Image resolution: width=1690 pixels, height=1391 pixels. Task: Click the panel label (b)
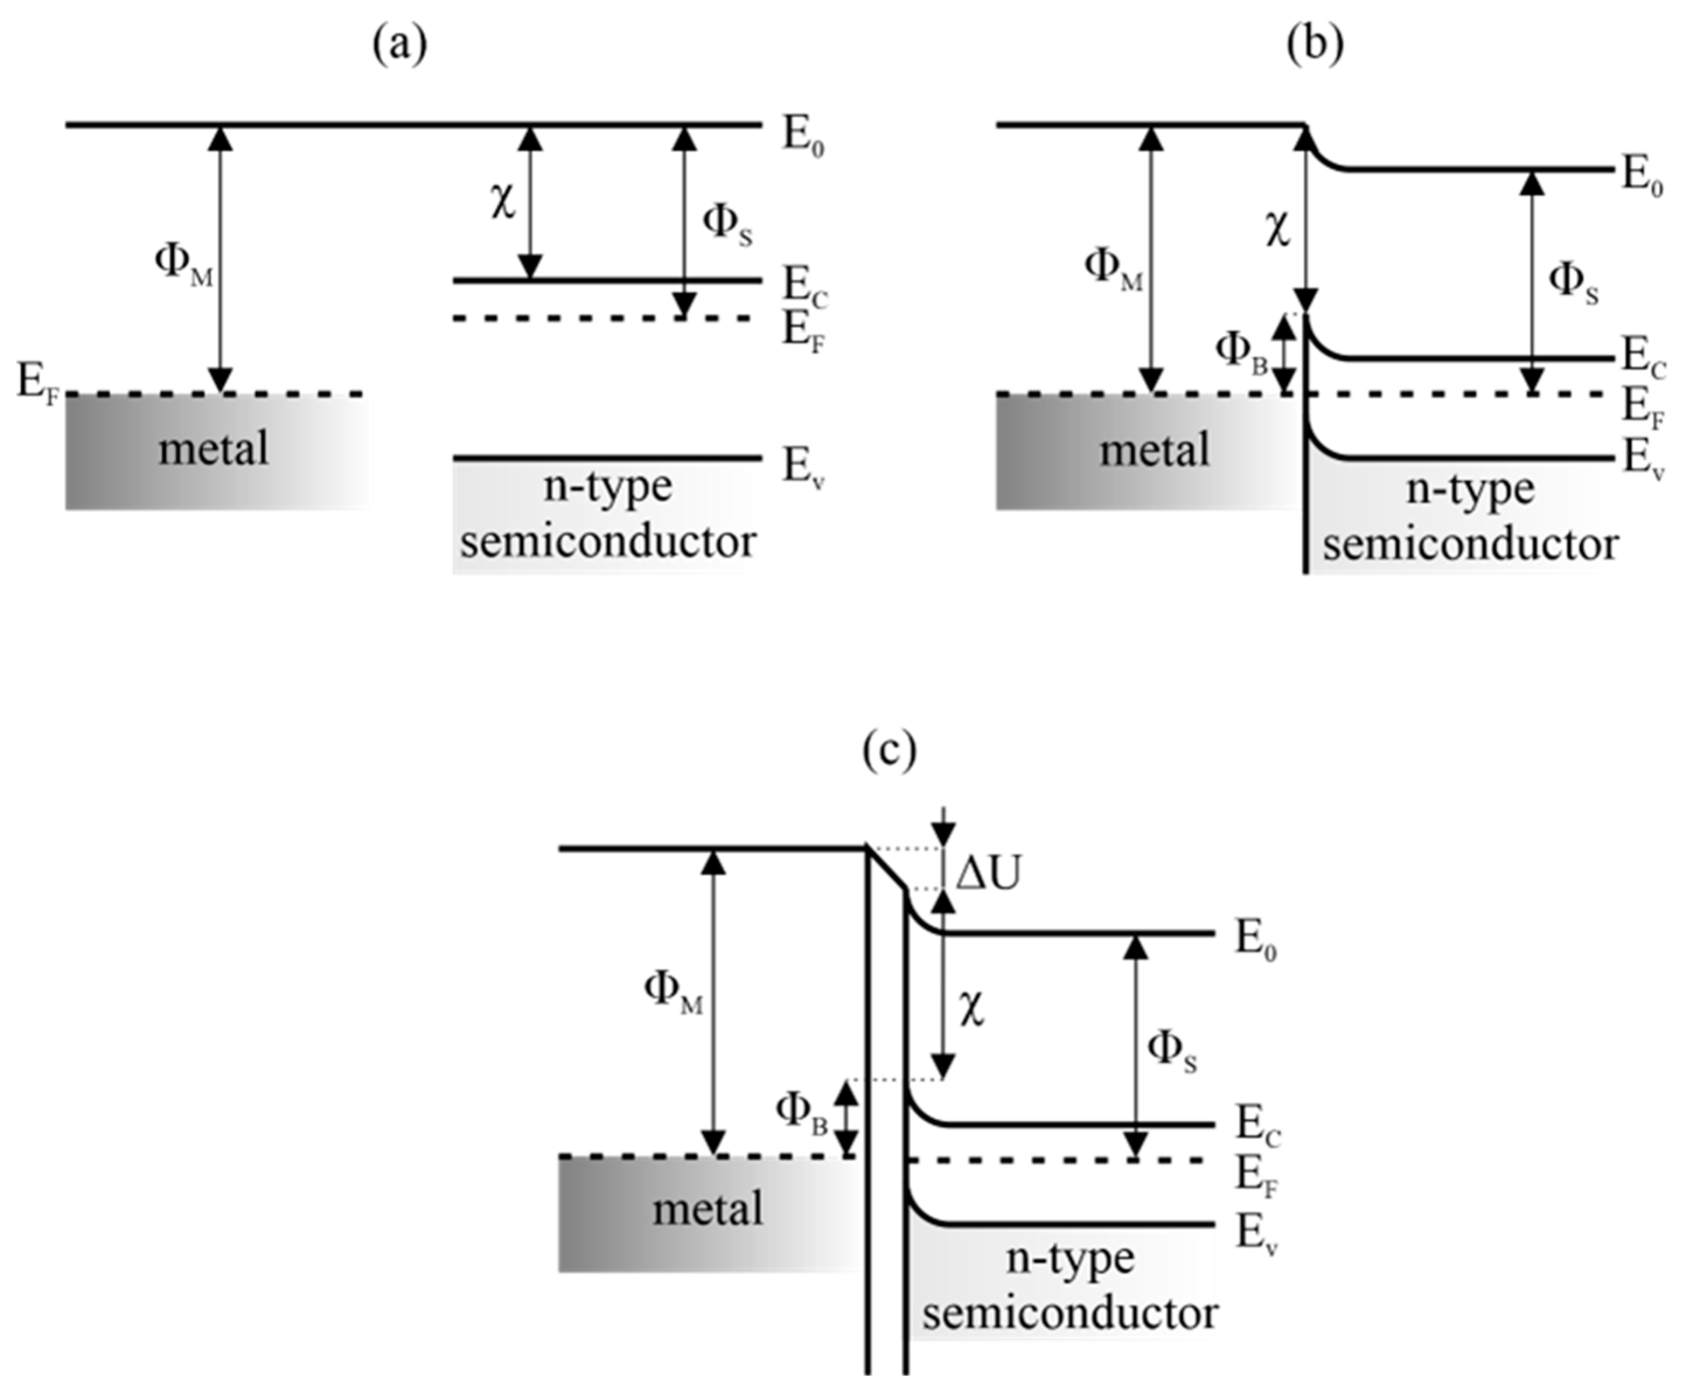1315,46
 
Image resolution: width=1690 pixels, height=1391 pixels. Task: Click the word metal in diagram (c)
708,1209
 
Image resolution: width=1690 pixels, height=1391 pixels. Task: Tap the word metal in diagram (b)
1154,450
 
